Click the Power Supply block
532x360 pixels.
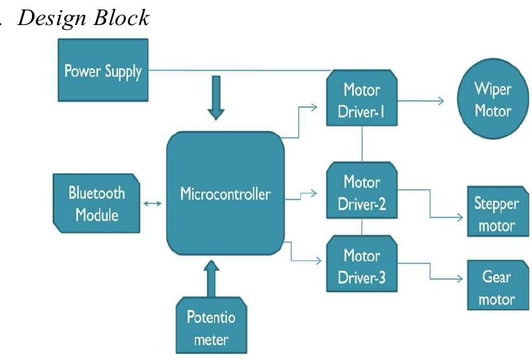click(x=103, y=70)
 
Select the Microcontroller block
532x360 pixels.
click(x=225, y=194)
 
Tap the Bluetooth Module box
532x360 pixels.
click(x=96, y=203)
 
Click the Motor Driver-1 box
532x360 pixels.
click(x=362, y=100)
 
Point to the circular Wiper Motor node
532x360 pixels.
click(x=492, y=101)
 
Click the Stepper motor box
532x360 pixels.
click(x=496, y=214)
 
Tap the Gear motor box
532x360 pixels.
click(x=496, y=288)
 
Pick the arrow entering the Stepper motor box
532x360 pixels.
click(x=448, y=216)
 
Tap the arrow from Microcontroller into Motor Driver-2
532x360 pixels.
click(x=305, y=195)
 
